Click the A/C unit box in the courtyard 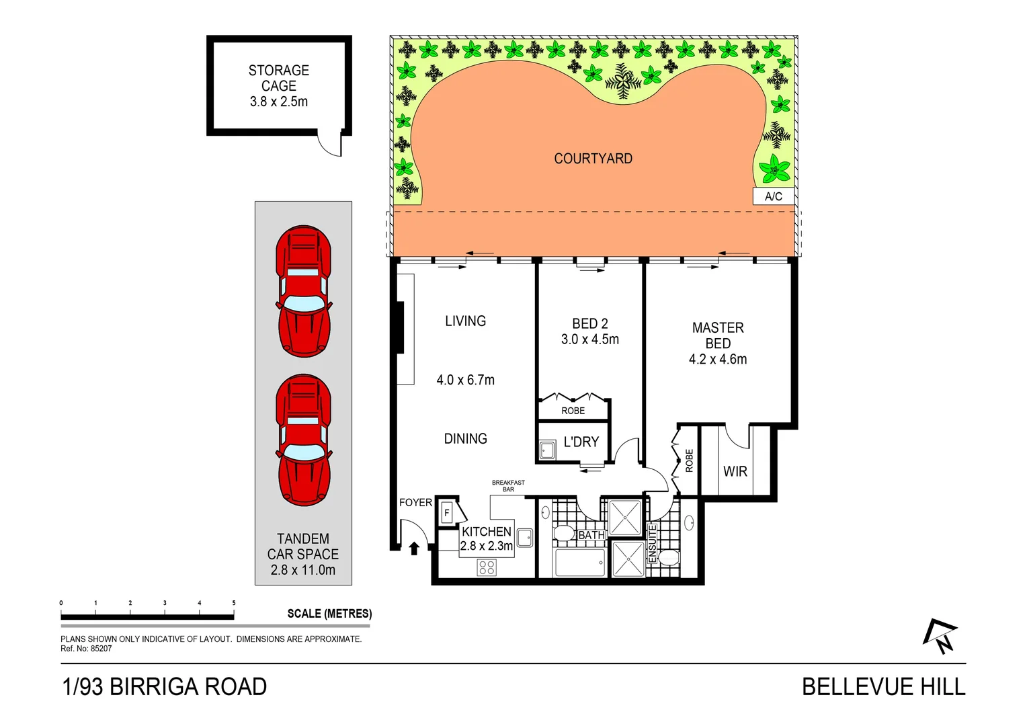coord(773,196)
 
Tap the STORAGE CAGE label coord(278,78)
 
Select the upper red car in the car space coord(303,291)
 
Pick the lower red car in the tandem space coord(303,440)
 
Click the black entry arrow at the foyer coord(414,549)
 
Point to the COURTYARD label coord(593,159)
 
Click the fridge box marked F coord(446,513)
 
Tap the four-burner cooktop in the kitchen coord(487,567)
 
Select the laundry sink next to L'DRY coord(547,450)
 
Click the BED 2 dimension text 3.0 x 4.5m coord(589,339)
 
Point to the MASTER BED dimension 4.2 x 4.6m coord(717,360)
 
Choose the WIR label coord(735,471)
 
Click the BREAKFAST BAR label coord(508,486)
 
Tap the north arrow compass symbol coord(940,636)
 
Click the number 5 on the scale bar coord(234,603)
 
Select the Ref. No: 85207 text coord(86,649)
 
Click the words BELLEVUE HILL coord(883,687)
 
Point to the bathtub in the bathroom coord(579,562)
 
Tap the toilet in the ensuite coord(668,557)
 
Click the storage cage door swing coord(331,145)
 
